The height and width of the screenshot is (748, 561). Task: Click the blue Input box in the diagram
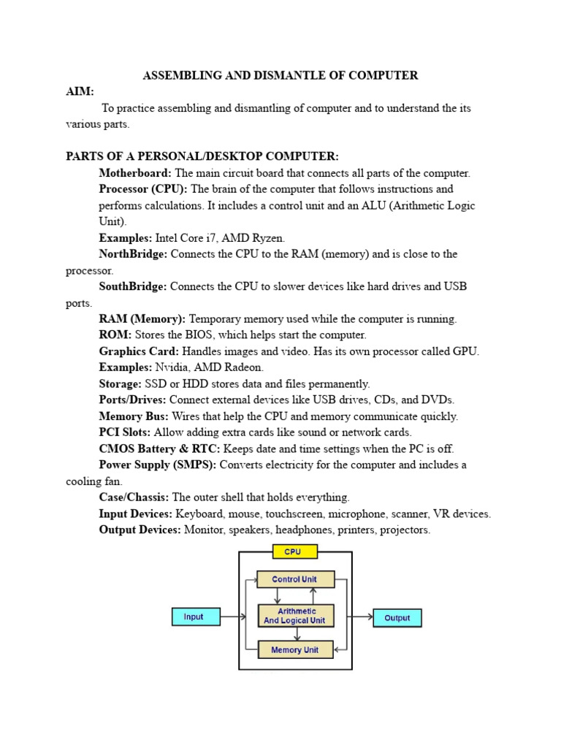195,617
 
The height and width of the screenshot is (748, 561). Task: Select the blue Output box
397,618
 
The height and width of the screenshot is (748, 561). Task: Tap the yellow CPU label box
292,552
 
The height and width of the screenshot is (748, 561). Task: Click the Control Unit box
296,579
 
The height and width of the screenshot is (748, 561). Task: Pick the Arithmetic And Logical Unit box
296,616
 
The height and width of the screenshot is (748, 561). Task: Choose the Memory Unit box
296,649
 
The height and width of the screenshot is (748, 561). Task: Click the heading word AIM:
80,91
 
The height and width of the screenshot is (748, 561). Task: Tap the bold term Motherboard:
135,173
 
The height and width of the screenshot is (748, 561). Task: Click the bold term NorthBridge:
133,254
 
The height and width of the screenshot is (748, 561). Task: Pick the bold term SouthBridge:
133,286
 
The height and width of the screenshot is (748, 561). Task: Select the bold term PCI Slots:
125,432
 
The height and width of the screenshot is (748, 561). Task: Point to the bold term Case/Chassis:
134,497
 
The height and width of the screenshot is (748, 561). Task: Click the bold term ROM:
115,335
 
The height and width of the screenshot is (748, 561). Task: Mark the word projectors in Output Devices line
406,530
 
